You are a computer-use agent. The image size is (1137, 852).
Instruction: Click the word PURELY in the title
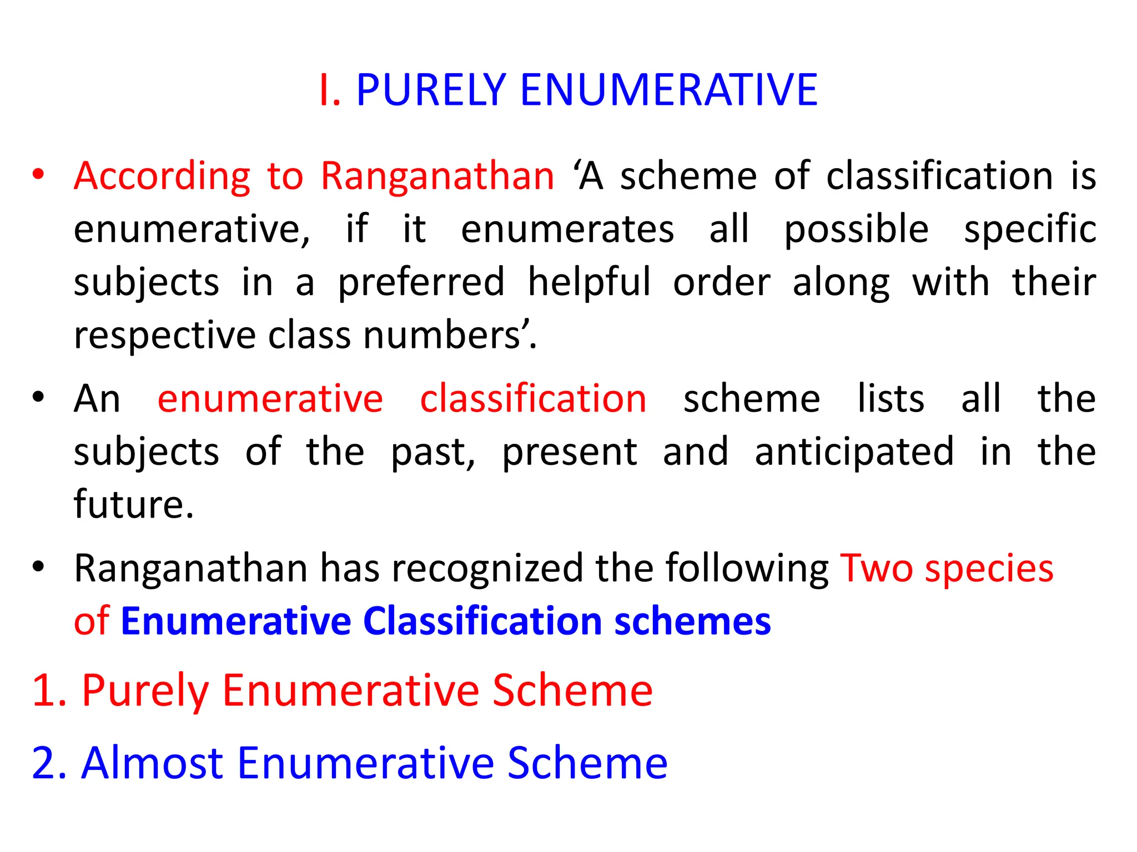pos(431,90)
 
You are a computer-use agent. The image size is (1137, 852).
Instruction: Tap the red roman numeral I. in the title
pos(329,90)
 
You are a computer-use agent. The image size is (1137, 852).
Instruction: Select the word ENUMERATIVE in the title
pos(668,90)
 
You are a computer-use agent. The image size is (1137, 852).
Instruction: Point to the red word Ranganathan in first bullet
pos(437,176)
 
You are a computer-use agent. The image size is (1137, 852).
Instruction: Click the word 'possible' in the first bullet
pos(856,230)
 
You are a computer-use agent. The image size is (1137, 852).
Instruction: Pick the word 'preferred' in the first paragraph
pos(421,283)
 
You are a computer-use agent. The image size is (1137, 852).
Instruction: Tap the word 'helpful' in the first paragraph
pos(588,283)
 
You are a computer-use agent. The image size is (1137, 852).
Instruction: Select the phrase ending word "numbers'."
pos(450,336)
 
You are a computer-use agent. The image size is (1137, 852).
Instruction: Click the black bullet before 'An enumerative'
pos(38,398)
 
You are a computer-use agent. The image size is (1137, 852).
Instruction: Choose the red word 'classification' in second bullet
pos(533,399)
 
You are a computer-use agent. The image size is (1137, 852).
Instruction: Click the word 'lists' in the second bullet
pos(891,399)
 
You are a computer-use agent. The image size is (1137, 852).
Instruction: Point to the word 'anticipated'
pos(854,452)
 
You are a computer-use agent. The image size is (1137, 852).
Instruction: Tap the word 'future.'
pos(134,505)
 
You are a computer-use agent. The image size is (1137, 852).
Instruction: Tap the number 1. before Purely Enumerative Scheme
pos(49,691)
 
